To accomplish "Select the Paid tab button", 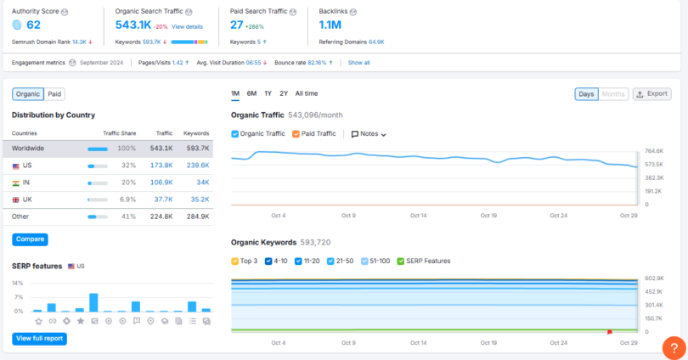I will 54,94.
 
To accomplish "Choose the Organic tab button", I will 28,94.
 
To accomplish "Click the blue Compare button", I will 30,239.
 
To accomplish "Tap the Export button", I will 651,93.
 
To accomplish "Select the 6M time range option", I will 251,93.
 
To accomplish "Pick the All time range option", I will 307,93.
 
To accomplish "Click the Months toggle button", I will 614,93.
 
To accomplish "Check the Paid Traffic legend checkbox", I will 296,134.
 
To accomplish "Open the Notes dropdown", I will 369,134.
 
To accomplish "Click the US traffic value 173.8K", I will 161,166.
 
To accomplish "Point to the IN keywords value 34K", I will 202,183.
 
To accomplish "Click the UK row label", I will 27,200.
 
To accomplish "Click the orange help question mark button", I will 673,346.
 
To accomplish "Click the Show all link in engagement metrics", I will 358,63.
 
